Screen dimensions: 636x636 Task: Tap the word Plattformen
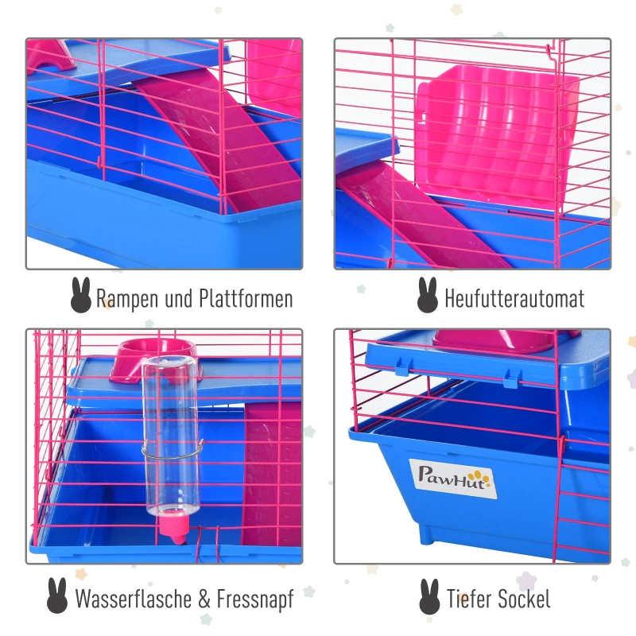[x=246, y=299]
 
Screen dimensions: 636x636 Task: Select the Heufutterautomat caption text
[x=514, y=299]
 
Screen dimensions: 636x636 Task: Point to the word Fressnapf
[x=255, y=599]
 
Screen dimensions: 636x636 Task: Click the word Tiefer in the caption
[x=469, y=599]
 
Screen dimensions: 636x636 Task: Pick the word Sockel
[x=524, y=599]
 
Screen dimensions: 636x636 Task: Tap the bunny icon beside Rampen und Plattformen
[x=81, y=295]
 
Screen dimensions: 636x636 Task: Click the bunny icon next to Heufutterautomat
[x=428, y=295]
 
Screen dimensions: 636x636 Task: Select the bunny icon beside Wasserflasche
[x=57, y=595]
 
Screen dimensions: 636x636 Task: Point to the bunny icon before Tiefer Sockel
[x=429, y=596]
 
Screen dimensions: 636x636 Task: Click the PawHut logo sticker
[x=452, y=479]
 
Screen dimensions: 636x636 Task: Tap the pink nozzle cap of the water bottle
[x=174, y=529]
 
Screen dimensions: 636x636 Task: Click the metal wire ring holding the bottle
[x=173, y=451]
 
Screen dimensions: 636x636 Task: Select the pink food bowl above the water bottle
[x=153, y=359]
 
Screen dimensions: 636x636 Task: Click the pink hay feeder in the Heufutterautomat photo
[x=498, y=136]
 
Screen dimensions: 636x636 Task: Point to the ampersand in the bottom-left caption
[x=204, y=599]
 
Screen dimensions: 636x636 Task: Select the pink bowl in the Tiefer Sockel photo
[x=495, y=341]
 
